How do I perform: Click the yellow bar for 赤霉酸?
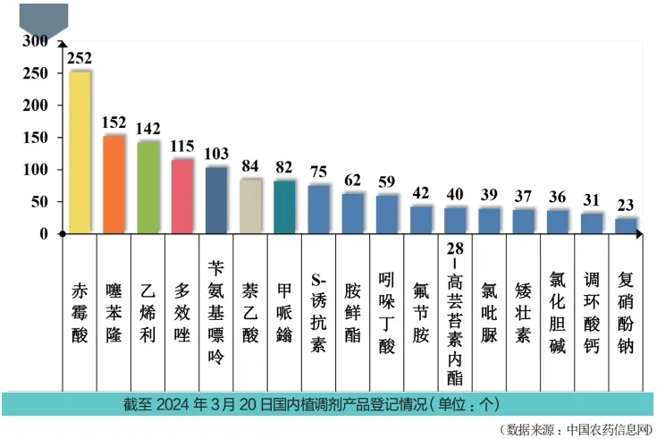click(x=80, y=152)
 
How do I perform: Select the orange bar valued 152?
click(x=114, y=184)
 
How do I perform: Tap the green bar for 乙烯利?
click(x=148, y=187)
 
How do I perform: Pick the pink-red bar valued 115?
click(x=182, y=196)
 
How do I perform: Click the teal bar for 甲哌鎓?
click(x=285, y=207)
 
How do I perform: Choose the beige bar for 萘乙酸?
click(x=251, y=206)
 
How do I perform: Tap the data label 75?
click(x=319, y=173)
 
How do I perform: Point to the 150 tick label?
click(x=37, y=138)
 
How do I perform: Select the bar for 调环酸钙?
click(x=593, y=223)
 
